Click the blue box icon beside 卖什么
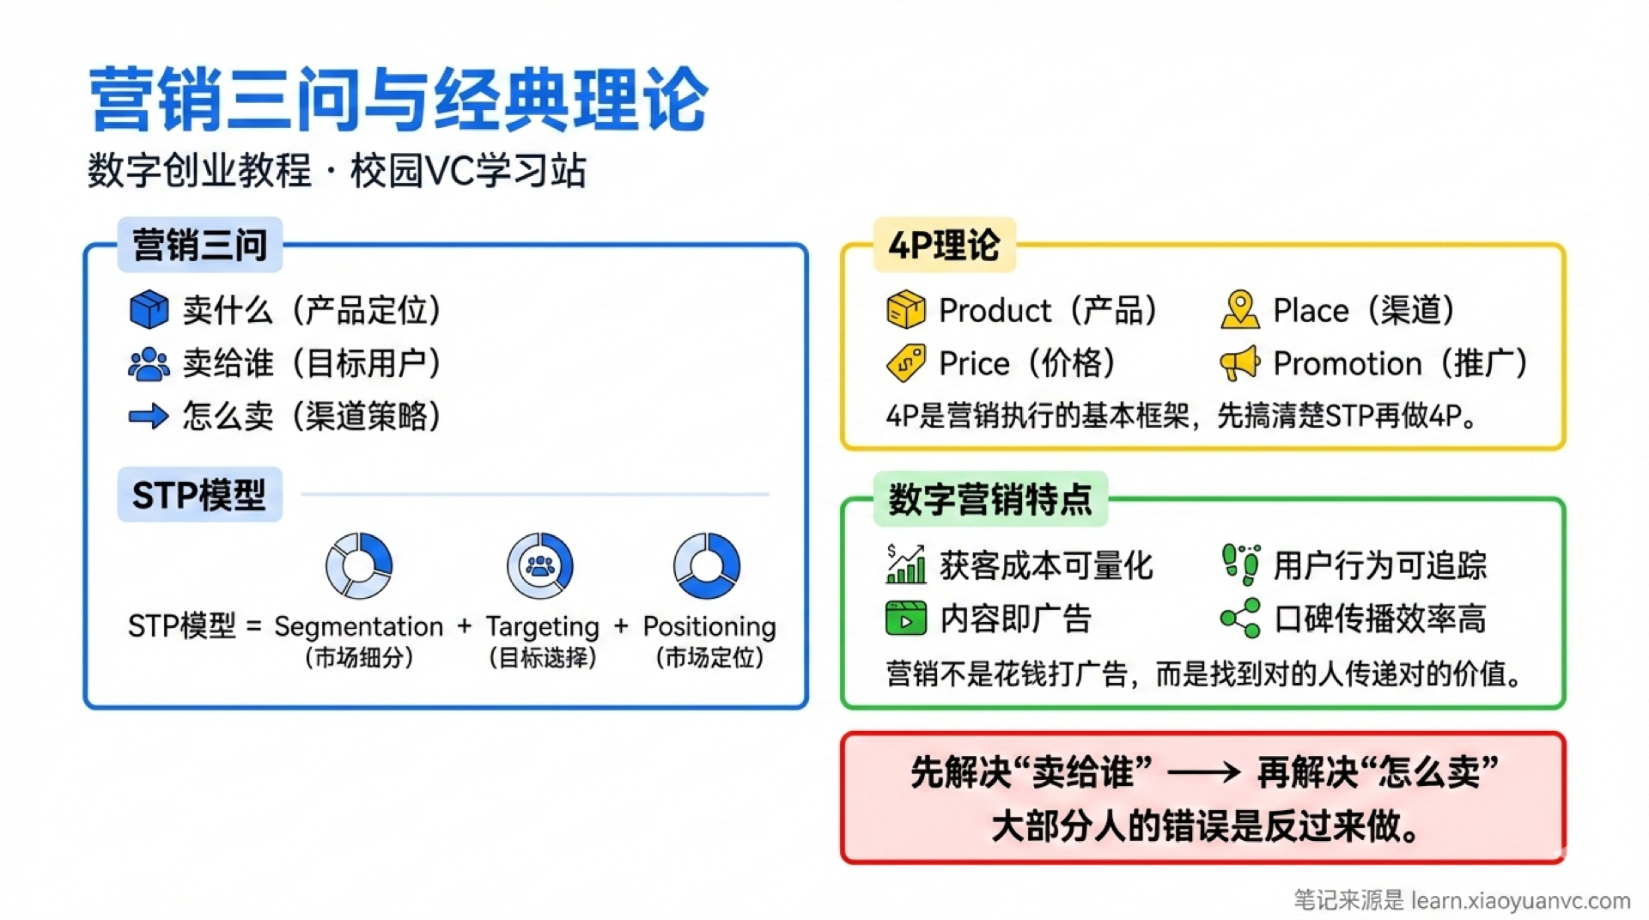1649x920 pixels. pyautogui.click(x=149, y=309)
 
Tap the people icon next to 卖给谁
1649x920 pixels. pyautogui.click(x=149, y=363)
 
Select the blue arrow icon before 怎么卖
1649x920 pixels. pyautogui.click(x=149, y=417)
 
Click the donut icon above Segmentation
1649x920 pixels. pyautogui.click(x=359, y=565)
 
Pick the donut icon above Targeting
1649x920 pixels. pyautogui.click(x=540, y=565)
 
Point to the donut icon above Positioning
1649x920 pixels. pyautogui.click(x=707, y=565)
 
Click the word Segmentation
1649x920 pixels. pyautogui.click(x=359, y=626)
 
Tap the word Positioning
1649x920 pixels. pyautogui.click(x=709, y=626)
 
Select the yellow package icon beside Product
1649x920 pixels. pyautogui.click(x=906, y=309)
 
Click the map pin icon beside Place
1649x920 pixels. pyautogui.click(x=1239, y=309)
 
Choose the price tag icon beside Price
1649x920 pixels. pyautogui.click(x=906, y=363)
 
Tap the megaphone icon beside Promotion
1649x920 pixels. pyautogui.click(x=1239, y=363)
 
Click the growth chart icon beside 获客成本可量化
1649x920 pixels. pyautogui.click(x=906, y=564)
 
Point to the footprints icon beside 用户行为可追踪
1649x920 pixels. pyautogui.click(x=1240, y=564)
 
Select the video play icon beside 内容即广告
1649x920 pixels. pyautogui.click(x=906, y=618)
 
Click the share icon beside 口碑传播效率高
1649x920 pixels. pyautogui.click(x=1240, y=618)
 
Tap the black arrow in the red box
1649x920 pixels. pyautogui.click(x=1203, y=772)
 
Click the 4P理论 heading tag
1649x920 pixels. pyautogui.click(x=944, y=246)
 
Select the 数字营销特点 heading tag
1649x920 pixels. pyautogui.click(x=990, y=499)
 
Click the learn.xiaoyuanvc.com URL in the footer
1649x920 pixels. pyautogui.click(x=1520, y=900)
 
